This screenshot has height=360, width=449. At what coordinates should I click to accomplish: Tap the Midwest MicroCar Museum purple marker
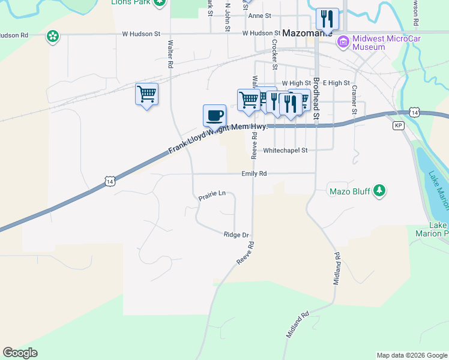pyautogui.click(x=343, y=42)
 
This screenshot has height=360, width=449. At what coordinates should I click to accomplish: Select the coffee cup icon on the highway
pyautogui.click(x=214, y=115)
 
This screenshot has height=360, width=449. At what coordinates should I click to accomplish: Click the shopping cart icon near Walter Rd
pyautogui.click(x=146, y=94)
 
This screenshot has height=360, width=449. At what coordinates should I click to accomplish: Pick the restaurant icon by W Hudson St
pyautogui.click(x=327, y=19)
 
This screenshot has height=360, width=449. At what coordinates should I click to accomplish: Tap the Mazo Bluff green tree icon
pyautogui.click(x=379, y=191)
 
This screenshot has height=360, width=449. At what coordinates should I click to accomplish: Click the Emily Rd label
pyautogui.click(x=254, y=173)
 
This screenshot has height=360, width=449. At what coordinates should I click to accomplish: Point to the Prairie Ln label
pyautogui.click(x=212, y=194)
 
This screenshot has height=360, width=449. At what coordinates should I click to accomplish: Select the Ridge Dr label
pyautogui.click(x=236, y=235)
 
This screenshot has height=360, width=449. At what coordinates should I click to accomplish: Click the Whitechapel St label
pyautogui.click(x=285, y=150)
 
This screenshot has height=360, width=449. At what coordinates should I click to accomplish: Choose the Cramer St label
pyautogui.click(x=354, y=100)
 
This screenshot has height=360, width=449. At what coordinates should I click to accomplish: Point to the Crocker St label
pyautogui.click(x=274, y=55)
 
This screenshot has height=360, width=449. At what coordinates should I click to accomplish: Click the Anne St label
pyautogui.click(x=260, y=16)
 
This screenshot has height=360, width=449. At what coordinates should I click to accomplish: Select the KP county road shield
pyautogui.click(x=399, y=125)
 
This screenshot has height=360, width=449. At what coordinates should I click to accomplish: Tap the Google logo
pyautogui.click(x=20, y=353)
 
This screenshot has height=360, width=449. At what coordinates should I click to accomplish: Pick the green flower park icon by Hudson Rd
pyautogui.click(x=53, y=37)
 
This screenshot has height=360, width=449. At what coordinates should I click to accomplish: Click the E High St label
pyautogui.click(x=336, y=83)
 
